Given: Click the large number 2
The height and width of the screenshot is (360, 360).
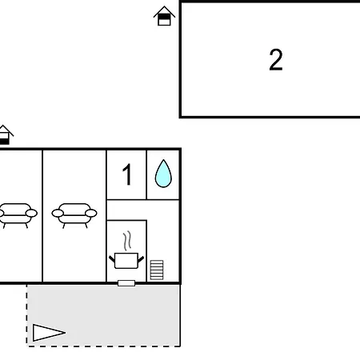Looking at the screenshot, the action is (276, 60).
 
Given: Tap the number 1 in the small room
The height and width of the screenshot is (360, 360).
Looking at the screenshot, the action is (127, 174).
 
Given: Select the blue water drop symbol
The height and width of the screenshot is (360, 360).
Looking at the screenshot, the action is (163, 174).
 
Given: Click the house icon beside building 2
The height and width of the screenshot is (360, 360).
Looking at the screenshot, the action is (164, 16).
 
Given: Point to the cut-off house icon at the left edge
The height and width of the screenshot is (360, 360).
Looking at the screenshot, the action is (6, 134).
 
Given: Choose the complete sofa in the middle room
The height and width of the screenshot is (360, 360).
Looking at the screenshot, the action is (74, 215).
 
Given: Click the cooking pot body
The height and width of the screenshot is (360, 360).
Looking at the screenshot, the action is (126, 261).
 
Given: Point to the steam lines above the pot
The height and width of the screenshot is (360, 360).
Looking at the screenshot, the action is (127, 241).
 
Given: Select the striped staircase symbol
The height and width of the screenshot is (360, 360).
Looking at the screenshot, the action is (157, 270).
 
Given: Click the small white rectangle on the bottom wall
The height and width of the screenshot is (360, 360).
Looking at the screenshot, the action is (126, 283).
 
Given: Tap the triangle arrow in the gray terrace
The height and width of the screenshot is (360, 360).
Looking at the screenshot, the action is (49, 333).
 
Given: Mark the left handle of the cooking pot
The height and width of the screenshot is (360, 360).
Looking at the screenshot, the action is (112, 258).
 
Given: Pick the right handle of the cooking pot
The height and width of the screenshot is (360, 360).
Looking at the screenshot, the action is (141, 259).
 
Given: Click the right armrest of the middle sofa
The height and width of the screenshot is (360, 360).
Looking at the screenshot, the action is (91, 214).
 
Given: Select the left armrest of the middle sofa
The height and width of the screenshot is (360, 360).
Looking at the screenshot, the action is (58, 214).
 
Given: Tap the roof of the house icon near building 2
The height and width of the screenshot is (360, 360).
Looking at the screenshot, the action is (164, 11).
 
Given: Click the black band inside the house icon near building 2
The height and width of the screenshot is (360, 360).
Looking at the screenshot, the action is (164, 17).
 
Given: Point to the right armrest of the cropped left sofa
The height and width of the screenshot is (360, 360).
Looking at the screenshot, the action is (31, 214).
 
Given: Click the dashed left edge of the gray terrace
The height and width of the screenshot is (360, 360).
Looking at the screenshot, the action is (26, 315).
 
